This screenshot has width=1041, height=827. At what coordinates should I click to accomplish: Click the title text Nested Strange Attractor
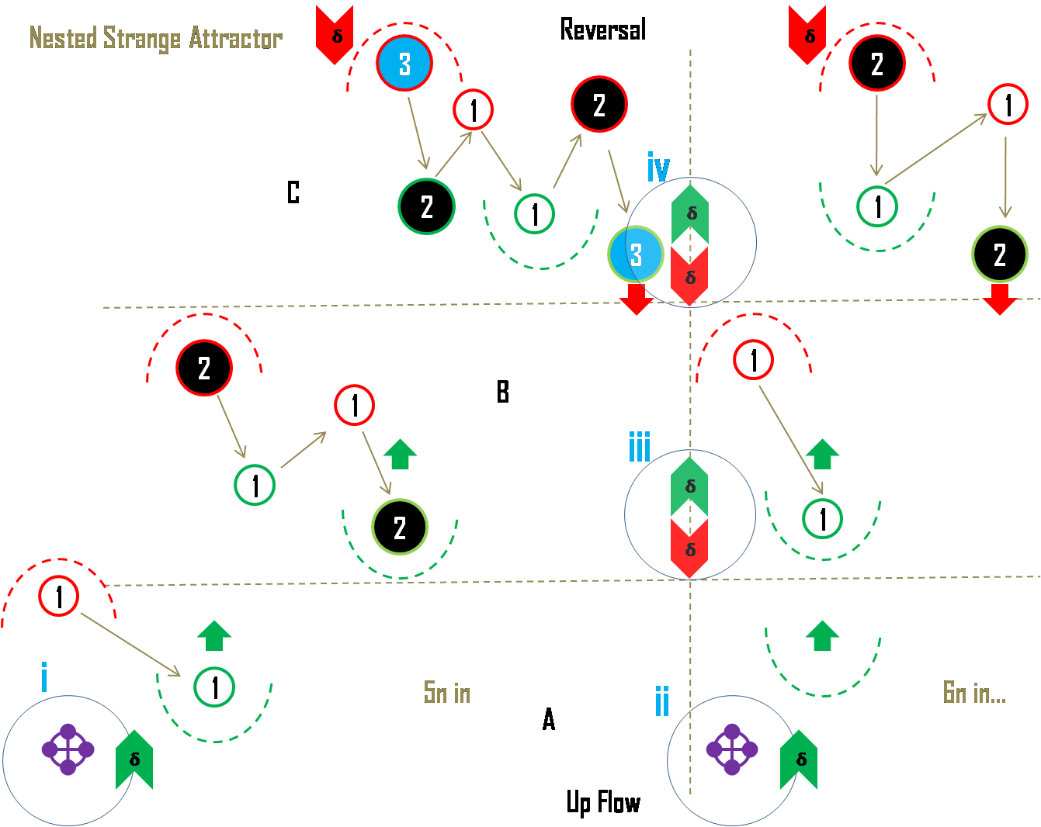pyautogui.click(x=155, y=38)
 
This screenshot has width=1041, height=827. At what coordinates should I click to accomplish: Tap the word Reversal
pyautogui.click(x=602, y=29)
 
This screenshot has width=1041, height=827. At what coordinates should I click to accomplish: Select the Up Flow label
pyautogui.click(x=603, y=802)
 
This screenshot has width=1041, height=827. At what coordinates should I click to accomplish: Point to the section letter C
pyautogui.click(x=293, y=192)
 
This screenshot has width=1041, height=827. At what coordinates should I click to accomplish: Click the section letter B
pyautogui.click(x=502, y=392)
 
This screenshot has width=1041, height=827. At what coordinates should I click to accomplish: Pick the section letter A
pyautogui.click(x=548, y=720)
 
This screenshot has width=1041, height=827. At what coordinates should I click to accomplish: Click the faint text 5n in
pyautogui.click(x=447, y=692)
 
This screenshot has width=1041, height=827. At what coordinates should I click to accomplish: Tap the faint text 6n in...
pyautogui.click(x=973, y=692)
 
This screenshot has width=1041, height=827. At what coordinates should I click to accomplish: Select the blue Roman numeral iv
pyautogui.click(x=658, y=168)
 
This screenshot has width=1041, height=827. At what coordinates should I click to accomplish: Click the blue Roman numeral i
pyautogui.click(x=43, y=676)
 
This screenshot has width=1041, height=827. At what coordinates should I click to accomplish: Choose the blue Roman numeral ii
pyautogui.click(x=662, y=701)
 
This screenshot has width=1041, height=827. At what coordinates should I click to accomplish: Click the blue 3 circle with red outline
pyautogui.click(x=404, y=64)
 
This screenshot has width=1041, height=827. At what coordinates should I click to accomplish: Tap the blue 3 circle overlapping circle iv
pyautogui.click(x=636, y=254)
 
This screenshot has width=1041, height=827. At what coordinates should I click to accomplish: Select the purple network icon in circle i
pyautogui.click(x=68, y=749)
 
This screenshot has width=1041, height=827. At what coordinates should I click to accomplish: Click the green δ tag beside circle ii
pyautogui.click(x=800, y=760)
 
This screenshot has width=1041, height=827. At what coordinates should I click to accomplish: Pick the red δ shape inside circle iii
pyautogui.click(x=689, y=548)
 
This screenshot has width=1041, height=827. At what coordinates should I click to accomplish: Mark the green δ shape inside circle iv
pyautogui.click(x=690, y=213)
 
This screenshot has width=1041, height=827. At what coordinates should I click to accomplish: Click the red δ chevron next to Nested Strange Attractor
pyautogui.click(x=335, y=35)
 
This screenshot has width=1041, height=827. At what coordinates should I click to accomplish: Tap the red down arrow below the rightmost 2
pyautogui.click(x=999, y=299)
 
